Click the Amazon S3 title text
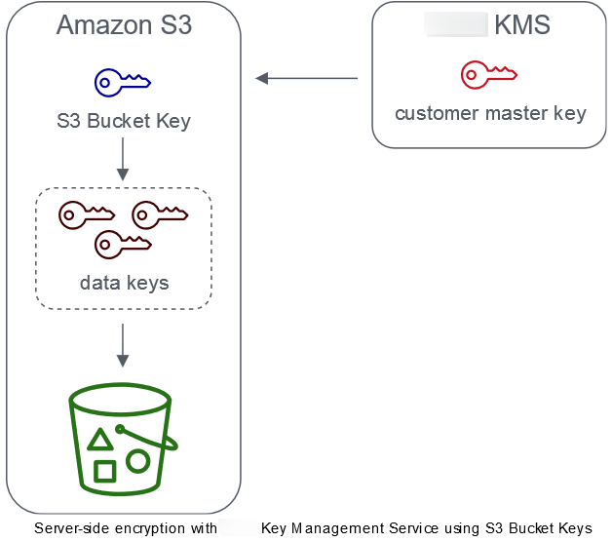coord(124,25)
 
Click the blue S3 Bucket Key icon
coord(122,82)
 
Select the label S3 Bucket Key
coord(123,122)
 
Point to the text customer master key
coord(490,114)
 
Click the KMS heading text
coord(522,25)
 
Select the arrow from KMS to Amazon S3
coord(306,78)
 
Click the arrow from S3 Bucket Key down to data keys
coord(123,158)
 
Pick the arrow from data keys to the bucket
coord(123,341)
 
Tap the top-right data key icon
coord(159,214)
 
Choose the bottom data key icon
coord(123,243)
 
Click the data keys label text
coord(124,284)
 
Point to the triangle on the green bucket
coord(99,440)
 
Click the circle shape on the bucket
coord(137,461)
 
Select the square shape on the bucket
coord(104,472)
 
